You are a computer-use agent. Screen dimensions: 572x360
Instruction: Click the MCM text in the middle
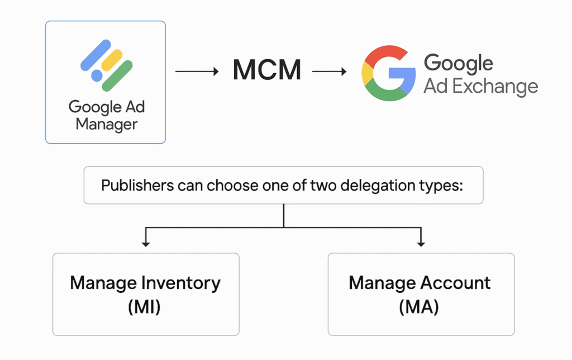coord(267,70)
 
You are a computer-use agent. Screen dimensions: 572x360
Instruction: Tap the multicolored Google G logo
coord(389,73)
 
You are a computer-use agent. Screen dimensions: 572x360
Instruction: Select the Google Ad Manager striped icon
coord(107,65)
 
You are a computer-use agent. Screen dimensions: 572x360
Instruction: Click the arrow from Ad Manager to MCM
coord(197,71)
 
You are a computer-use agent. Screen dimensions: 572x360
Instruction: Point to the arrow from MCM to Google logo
coord(330,71)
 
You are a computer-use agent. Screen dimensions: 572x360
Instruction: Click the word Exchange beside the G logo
coord(495,87)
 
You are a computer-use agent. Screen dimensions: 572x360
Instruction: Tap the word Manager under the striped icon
coord(107,125)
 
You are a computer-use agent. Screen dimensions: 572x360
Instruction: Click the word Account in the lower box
coord(456,283)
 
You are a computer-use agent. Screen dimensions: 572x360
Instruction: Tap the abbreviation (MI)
coord(144,307)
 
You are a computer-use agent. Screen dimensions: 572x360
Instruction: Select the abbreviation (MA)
coord(419,307)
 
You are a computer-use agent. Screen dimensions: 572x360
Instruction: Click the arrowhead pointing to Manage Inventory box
coord(146,244)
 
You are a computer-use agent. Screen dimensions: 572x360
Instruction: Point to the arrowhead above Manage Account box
coord(421,244)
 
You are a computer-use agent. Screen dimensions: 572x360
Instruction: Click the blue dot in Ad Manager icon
coord(97,75)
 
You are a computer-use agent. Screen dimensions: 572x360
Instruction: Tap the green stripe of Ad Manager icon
coord(117,76)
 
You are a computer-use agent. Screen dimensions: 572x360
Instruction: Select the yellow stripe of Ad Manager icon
coord(112,60)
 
